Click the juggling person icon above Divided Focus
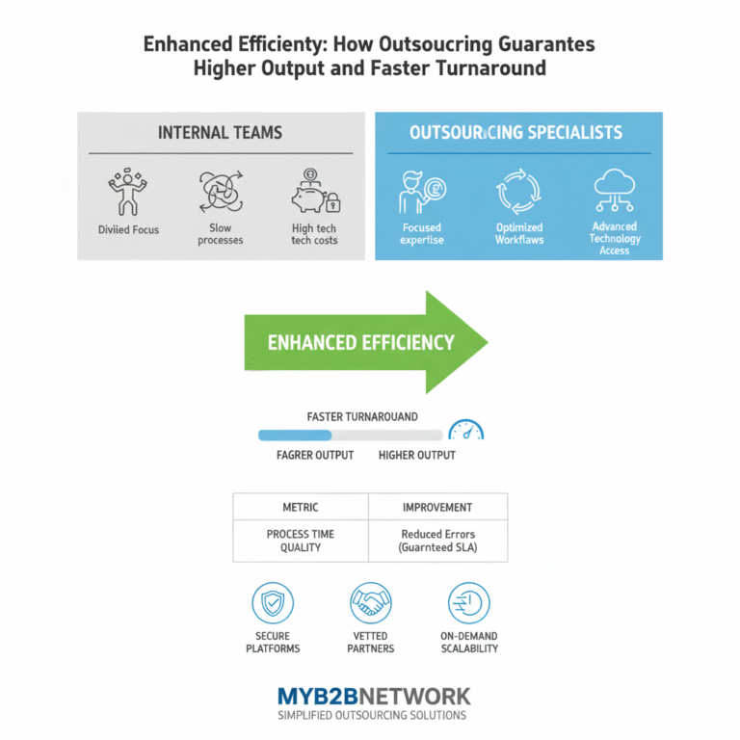[127, 193]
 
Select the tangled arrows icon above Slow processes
[221, 192]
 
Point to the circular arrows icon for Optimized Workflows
[519, 192]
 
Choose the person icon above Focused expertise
[422, 192]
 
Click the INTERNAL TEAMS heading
[221, 133]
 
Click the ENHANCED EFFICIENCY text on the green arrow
[361, 342]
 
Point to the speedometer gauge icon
[466, 431]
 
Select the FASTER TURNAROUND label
[362, 416]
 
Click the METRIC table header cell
[300, 507]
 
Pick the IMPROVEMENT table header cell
[437, 507]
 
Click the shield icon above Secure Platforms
[273, 603]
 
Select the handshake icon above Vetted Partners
[370, 603]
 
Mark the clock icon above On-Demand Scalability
[468, 603]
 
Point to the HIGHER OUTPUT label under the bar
[417, 455]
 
